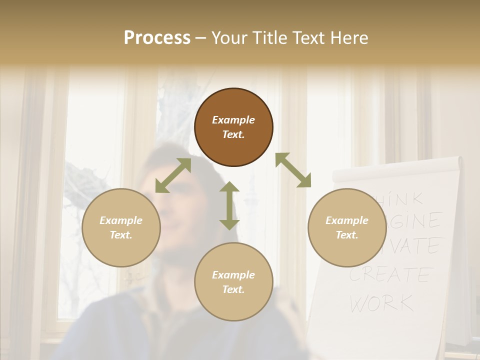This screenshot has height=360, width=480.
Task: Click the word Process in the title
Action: point(157,37)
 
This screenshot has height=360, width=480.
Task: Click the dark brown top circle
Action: point(233,127)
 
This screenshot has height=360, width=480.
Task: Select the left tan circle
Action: point(121,227)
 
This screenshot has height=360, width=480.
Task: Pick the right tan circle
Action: point(347,227)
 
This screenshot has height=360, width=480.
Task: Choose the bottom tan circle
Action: point(233,281)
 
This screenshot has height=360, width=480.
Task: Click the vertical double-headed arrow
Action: point(229,205)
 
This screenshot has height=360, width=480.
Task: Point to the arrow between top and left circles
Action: point(173,175)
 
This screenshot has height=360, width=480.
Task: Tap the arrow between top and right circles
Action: point(293,170)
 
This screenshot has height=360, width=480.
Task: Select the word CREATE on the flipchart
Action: point(390,274)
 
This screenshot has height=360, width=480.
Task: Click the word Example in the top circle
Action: point(233,120)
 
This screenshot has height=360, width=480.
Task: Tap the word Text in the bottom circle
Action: point(232,289)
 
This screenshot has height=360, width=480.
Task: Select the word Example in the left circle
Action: point(121,220)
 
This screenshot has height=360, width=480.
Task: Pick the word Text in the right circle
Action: point(346,235)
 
